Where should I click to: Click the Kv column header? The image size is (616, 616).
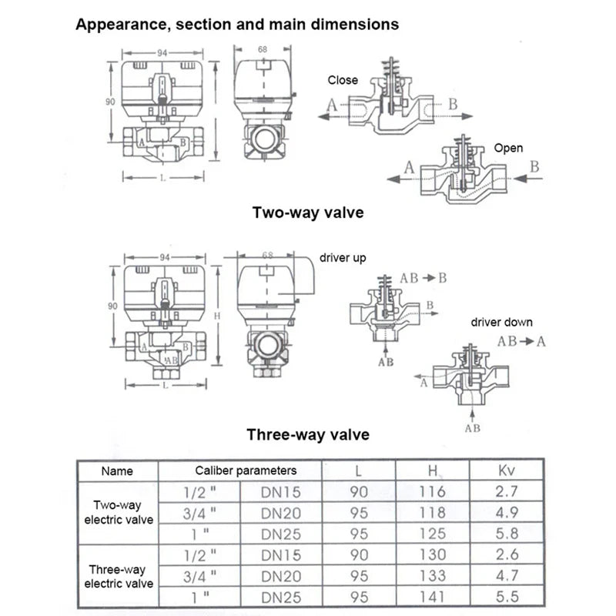pos(507,470)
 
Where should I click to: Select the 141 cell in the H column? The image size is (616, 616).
pos(433,595)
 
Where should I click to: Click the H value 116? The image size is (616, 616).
pos(433,490)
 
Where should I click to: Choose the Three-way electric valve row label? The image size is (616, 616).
pos(119,577)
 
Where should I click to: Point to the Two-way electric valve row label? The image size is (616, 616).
pos(119,512)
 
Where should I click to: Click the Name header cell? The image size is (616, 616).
pos(117,470)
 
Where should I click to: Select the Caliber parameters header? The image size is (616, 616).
pos(245,470)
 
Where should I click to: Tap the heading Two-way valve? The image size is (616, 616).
pos(308,212)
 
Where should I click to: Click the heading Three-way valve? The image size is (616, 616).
pos(308,434)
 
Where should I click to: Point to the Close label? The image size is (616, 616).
pos(343,79)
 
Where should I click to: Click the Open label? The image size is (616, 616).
pos(508,148)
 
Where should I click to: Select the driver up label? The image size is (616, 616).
pos(343,258)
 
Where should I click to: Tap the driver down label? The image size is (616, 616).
pos(501,322)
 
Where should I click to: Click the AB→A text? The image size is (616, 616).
pos(521,340)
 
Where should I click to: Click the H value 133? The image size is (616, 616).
pos(433,574)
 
